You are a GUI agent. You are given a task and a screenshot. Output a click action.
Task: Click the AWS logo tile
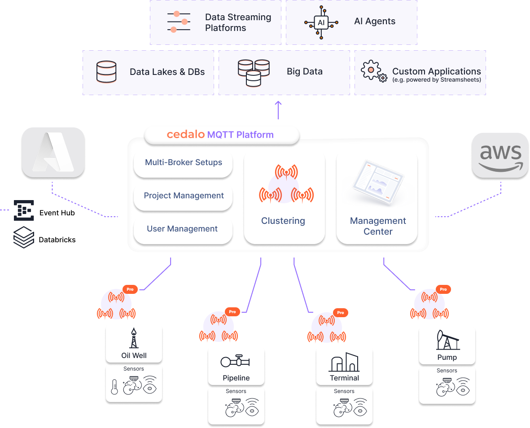(500, 155)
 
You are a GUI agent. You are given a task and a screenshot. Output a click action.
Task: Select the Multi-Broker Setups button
(183, 162)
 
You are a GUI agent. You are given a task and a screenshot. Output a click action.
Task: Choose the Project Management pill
(183, 196)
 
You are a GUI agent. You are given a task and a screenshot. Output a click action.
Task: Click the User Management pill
(182, 229)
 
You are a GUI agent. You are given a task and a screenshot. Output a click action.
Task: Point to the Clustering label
(283, 221)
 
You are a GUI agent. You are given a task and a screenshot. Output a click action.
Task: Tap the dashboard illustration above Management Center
(377, 183)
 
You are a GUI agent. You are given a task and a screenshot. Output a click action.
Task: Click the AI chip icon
(321, 22)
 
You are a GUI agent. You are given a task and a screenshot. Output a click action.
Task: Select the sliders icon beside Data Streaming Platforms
(178, 22)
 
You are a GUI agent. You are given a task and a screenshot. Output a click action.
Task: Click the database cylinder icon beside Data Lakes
(106, 72)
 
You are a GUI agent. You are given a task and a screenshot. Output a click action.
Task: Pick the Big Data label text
(304, 72)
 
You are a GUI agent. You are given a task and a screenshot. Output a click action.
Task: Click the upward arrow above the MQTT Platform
(278, 109)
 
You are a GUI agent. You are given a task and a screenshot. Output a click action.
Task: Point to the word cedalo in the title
(185, 135)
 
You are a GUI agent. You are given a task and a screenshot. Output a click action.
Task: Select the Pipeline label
(236, 378)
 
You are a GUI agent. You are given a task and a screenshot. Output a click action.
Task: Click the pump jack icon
(447, 341)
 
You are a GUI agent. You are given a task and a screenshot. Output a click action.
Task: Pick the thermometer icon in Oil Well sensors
(114, 386)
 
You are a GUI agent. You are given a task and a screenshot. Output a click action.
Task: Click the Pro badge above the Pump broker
(443, 289)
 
